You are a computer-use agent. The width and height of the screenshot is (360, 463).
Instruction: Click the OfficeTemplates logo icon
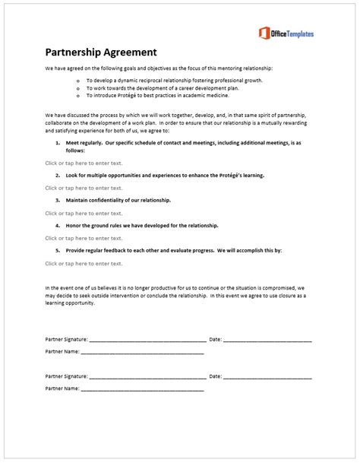pos(264,33)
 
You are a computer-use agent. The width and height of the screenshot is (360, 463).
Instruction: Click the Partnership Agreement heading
pos(101,52)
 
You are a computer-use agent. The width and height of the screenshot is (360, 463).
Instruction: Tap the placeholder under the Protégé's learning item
pos(84,188)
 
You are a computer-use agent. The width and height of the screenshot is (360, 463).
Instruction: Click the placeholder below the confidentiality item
pos(84,213)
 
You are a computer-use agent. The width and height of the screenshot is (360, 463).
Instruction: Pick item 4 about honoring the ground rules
pos(142,226)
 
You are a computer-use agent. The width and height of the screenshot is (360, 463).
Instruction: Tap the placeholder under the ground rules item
pos(84,238)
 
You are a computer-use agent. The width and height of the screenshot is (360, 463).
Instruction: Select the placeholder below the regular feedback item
pos(84,263)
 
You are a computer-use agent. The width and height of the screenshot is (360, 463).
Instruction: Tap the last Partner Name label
pos(62,388)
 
